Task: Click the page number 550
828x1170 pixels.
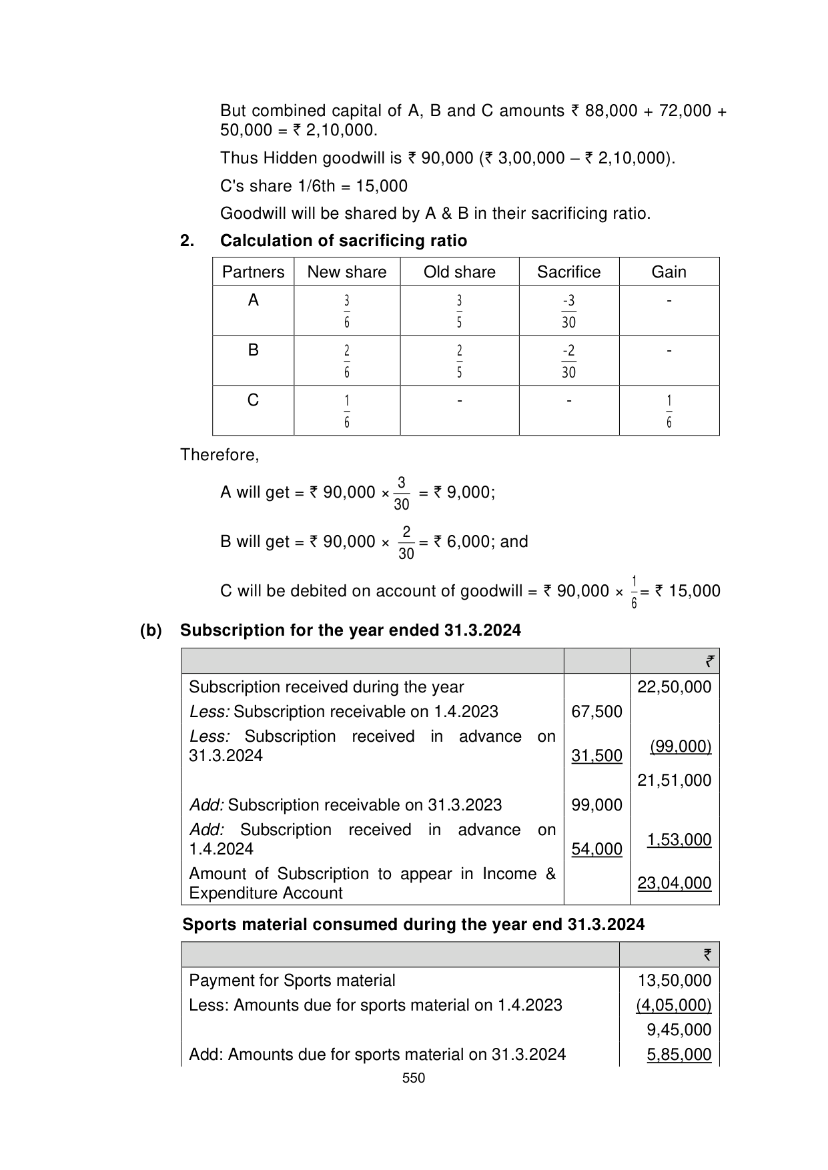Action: click(414, 1078)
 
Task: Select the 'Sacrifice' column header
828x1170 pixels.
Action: click(568, 272)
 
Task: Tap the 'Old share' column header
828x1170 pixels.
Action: click(459, 272)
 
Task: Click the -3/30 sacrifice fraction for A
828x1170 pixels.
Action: click(568, 311)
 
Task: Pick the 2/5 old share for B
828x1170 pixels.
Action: click(459, 361)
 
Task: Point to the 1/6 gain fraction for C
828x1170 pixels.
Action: click(669, 411)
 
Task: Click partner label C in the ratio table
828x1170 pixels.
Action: click(253, 400)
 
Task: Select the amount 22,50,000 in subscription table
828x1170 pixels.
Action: click(674, 687)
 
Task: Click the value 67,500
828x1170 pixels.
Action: click(596, 712)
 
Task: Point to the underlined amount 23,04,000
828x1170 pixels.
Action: click(674, 883)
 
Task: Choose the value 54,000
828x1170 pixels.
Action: click(596, 849)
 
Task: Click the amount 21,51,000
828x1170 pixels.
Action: click(674, 780)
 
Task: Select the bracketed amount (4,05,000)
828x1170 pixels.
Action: click(673, 1005)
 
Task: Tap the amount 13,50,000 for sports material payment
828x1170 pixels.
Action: click(674, 981)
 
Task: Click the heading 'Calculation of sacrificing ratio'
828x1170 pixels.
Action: click(343, 241)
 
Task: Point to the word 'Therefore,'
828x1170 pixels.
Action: click(220, 455)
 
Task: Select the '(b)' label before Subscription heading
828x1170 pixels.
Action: click(151, 630)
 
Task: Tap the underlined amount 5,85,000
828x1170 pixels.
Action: click(679, 1055)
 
